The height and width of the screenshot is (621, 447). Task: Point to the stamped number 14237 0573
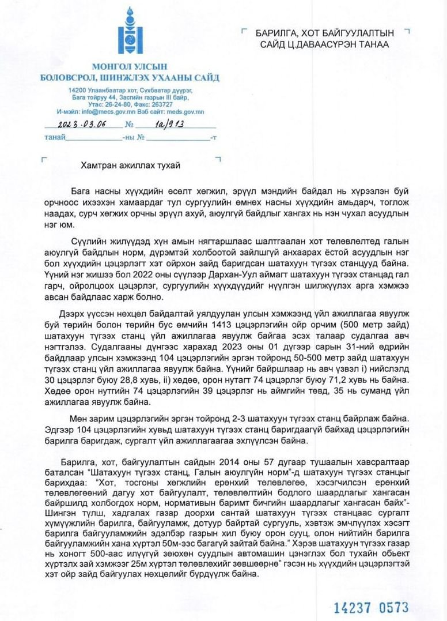(x=372, y=607)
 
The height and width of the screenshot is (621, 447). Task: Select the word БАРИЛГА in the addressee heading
(x=275, y=33)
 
